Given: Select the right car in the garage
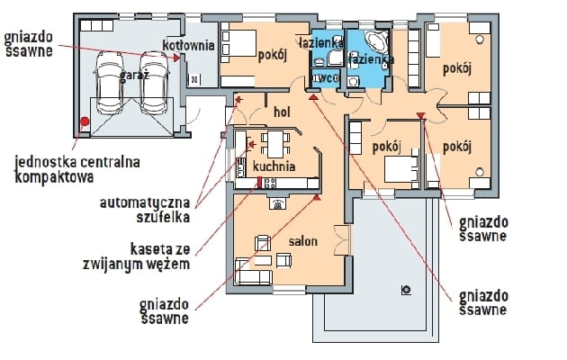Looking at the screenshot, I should [x=156, y=79].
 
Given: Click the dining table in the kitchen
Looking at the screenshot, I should [x=274, y=142].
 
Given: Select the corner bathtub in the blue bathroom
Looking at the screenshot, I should [x=377, y=45].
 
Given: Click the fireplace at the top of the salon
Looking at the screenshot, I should [x=278, y=203].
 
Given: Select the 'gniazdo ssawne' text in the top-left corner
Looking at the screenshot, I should [x=28, y=44].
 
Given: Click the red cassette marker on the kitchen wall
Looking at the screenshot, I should [x=259, y=183].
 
